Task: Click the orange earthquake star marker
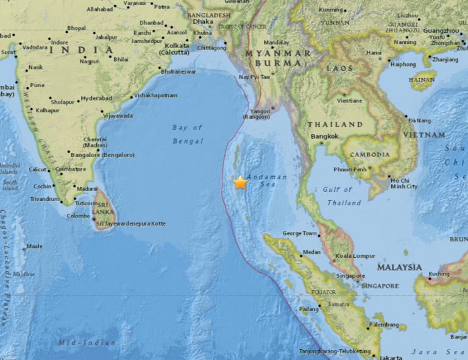tap(240, 182)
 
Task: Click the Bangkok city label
tap(324, 136)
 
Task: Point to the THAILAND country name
tap(335, 124)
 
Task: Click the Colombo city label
tap(78, 216)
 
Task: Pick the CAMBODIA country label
tap(370, 155)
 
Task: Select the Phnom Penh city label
tap(350, 169)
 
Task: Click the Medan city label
tap(311, 252)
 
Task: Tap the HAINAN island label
tap(423, 79)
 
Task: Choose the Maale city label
tap(34, 247)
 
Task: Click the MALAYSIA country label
tap(399, 267)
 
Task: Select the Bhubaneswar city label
tap(178, 71)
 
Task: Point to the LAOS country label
tap(340, 68)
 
